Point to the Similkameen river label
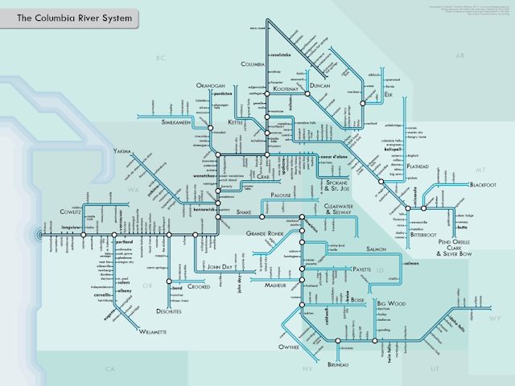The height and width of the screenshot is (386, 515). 180,122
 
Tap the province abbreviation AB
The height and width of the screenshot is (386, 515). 460,57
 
